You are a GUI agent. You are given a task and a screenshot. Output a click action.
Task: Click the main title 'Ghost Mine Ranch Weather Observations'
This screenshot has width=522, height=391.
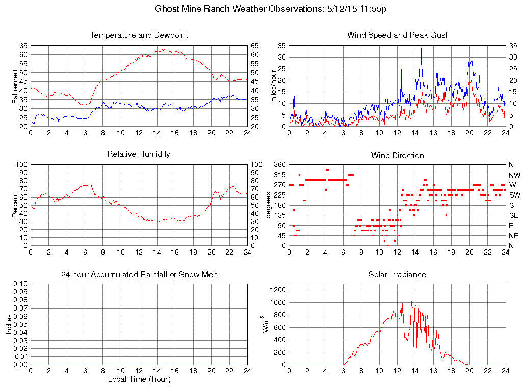(238, 9)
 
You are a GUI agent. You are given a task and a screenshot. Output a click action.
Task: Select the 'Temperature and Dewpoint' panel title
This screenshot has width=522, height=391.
(139, 35)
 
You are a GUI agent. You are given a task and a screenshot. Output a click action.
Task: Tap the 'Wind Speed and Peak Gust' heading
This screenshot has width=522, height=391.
(397, 35)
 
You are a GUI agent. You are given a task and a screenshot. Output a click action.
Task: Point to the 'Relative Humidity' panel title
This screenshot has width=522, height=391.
(139, 154)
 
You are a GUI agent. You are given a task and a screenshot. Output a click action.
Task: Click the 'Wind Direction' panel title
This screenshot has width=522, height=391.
(397, 155)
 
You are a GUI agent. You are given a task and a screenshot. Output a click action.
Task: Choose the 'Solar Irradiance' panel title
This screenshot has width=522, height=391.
(397, 275)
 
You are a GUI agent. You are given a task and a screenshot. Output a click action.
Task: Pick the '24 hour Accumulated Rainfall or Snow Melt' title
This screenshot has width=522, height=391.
(139, 275)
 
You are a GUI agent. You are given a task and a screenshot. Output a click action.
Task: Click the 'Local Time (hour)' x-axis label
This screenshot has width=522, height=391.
(139, 379)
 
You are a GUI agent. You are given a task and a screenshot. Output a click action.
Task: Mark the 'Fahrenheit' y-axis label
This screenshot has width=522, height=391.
(15, 86)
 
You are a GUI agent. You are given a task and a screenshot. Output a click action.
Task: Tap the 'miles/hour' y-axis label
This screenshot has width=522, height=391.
(273, 86)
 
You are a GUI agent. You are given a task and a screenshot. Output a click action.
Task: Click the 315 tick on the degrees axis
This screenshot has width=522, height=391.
(279, 175)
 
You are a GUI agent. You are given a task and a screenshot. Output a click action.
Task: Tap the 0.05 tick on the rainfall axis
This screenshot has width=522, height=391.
(20, 324)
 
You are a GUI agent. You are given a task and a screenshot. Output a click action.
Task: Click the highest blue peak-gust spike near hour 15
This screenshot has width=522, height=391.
(421, 48)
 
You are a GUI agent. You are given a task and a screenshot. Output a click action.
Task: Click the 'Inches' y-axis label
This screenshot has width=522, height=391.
(9, 324)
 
